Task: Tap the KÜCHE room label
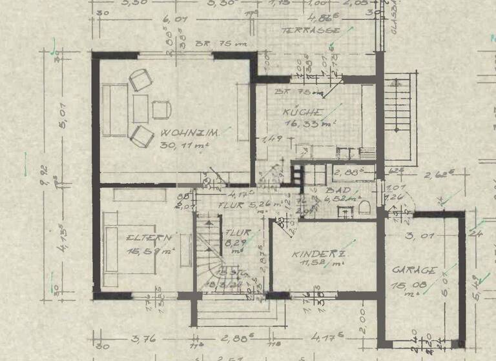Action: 300,113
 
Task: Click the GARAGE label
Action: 414,271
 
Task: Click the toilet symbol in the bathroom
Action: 365,206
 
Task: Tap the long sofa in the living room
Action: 114,111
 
